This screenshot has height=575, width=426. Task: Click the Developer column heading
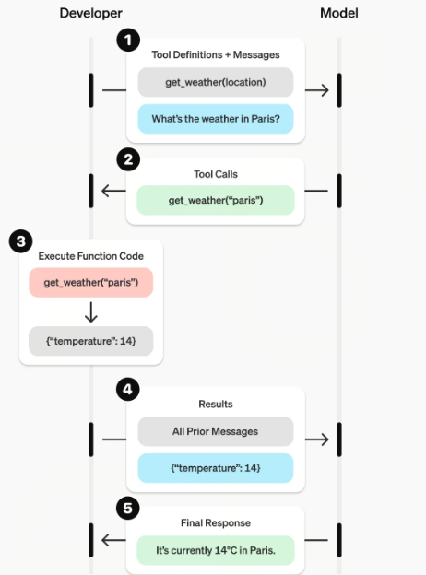(x=90, y=13)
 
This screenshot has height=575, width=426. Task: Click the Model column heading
(x=339, y=13)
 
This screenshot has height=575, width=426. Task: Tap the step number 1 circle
(x=127, y=41)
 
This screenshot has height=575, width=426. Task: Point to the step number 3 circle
(x=20, y=242)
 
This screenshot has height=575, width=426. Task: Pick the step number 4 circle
(x=127, y=390)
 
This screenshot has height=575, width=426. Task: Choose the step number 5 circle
(x=127, y=509)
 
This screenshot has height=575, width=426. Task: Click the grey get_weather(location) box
(x=216, y=82)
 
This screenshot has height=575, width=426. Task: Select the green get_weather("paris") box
(x=216, y=200)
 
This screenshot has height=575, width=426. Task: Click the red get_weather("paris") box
(x=90, y=282)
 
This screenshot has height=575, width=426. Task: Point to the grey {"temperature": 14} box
(x=90, y=341)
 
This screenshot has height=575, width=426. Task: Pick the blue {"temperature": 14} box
(x=216, y=468)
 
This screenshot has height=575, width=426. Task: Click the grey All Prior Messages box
(x=216, y=430)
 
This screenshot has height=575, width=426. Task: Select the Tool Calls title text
(x=215, y=173)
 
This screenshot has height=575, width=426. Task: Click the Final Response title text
(x=215, y=522)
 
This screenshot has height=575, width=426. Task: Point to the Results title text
(x=215, y=404)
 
